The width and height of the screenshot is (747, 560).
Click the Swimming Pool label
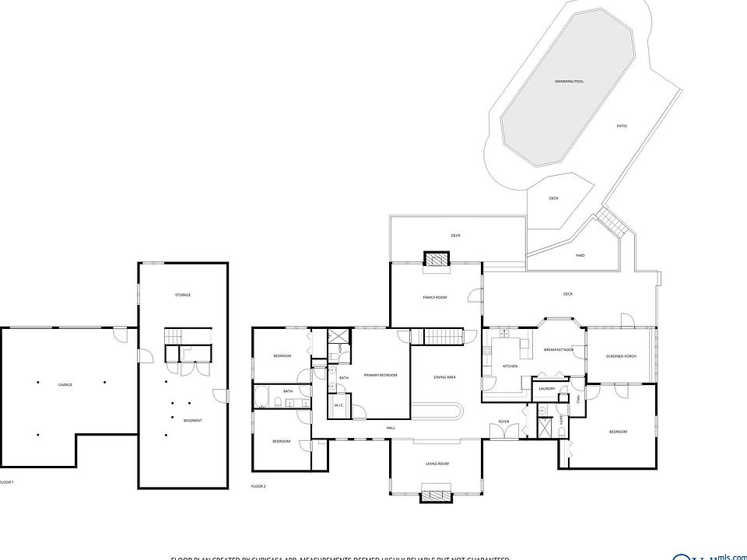(569, 81)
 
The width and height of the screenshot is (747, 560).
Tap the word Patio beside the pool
(622, 126)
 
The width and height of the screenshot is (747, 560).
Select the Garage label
(65, 384)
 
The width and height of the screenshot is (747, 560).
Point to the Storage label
(183, 295)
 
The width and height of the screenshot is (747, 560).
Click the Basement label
(192, 421)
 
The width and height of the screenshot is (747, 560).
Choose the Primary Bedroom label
(381, 375)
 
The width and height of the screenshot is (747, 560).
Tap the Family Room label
(435, 297)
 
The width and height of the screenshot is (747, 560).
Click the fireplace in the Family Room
(437, 260)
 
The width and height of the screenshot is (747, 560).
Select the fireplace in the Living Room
(435, 492)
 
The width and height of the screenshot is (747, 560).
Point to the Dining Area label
(444, 377)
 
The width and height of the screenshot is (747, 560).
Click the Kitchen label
(510, 366)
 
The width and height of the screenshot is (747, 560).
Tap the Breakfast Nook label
(559, 350)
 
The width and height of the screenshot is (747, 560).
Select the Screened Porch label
(621, 356)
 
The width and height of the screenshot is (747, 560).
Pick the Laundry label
(545, 388)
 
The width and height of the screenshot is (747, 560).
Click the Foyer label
(504, 422)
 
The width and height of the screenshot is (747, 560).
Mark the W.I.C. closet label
(339, 404)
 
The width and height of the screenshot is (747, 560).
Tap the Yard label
(580, 255)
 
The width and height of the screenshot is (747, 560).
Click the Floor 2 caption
(258, 486)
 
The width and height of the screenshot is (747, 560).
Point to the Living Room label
(437, 464)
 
